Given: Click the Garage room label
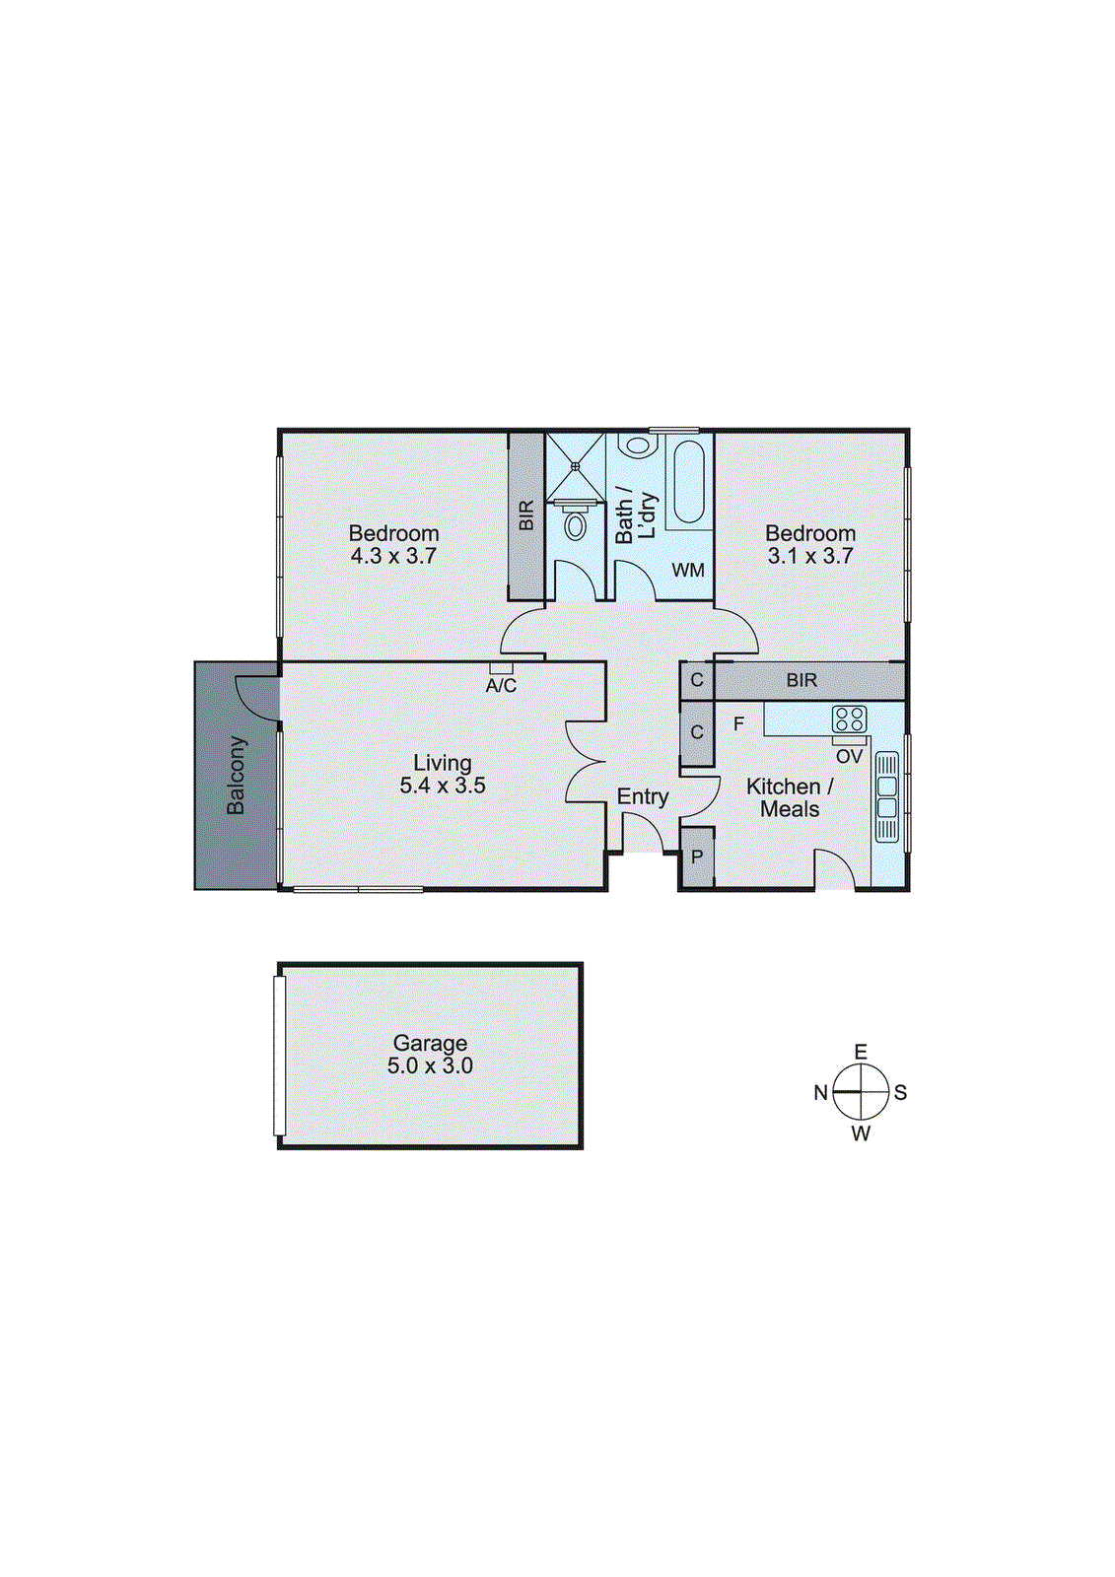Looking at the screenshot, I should (430, 1043).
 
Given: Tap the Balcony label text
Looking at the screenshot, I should (236, 775).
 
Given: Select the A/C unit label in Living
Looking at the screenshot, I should (501, 685).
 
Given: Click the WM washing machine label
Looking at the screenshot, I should (688, 570).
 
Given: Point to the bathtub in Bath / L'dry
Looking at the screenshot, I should (687, 483).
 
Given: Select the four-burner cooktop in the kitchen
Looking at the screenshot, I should (849, 719).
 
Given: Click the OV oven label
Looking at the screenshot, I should (849, 757).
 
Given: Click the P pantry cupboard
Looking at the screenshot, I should (697, 857).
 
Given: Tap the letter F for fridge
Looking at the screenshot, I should (738, 724).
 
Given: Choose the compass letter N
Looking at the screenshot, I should (820, 1092).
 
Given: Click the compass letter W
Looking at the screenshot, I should (861, 1133).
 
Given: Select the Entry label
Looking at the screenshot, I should (643, 796).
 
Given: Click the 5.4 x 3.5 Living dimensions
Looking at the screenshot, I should (443, 786).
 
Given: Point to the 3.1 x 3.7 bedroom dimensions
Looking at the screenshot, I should (810, 556).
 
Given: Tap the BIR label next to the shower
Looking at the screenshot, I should (526, 515).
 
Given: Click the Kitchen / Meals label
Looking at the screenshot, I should (790, 797).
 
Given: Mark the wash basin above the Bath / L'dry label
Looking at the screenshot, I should (638, 446).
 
